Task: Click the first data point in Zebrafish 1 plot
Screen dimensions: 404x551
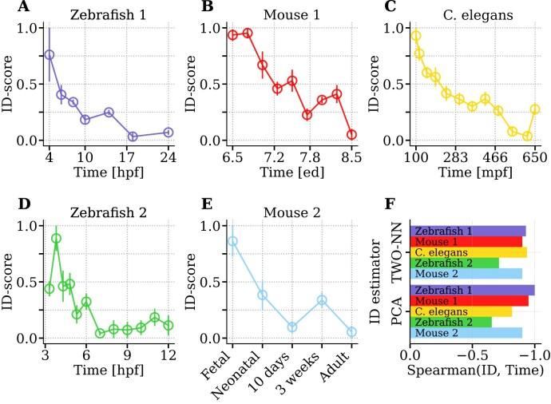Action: [x=50, y=55]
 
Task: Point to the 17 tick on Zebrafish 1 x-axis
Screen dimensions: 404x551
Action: [x=133, y=157]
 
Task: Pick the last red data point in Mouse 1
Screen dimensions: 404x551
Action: [x=351, y=134]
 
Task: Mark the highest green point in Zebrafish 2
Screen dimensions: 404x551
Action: [x=56, y=238]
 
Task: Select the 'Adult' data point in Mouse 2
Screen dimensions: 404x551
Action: [x=352, y=331]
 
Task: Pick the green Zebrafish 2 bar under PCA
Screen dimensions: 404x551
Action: [x=450, y=322]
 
